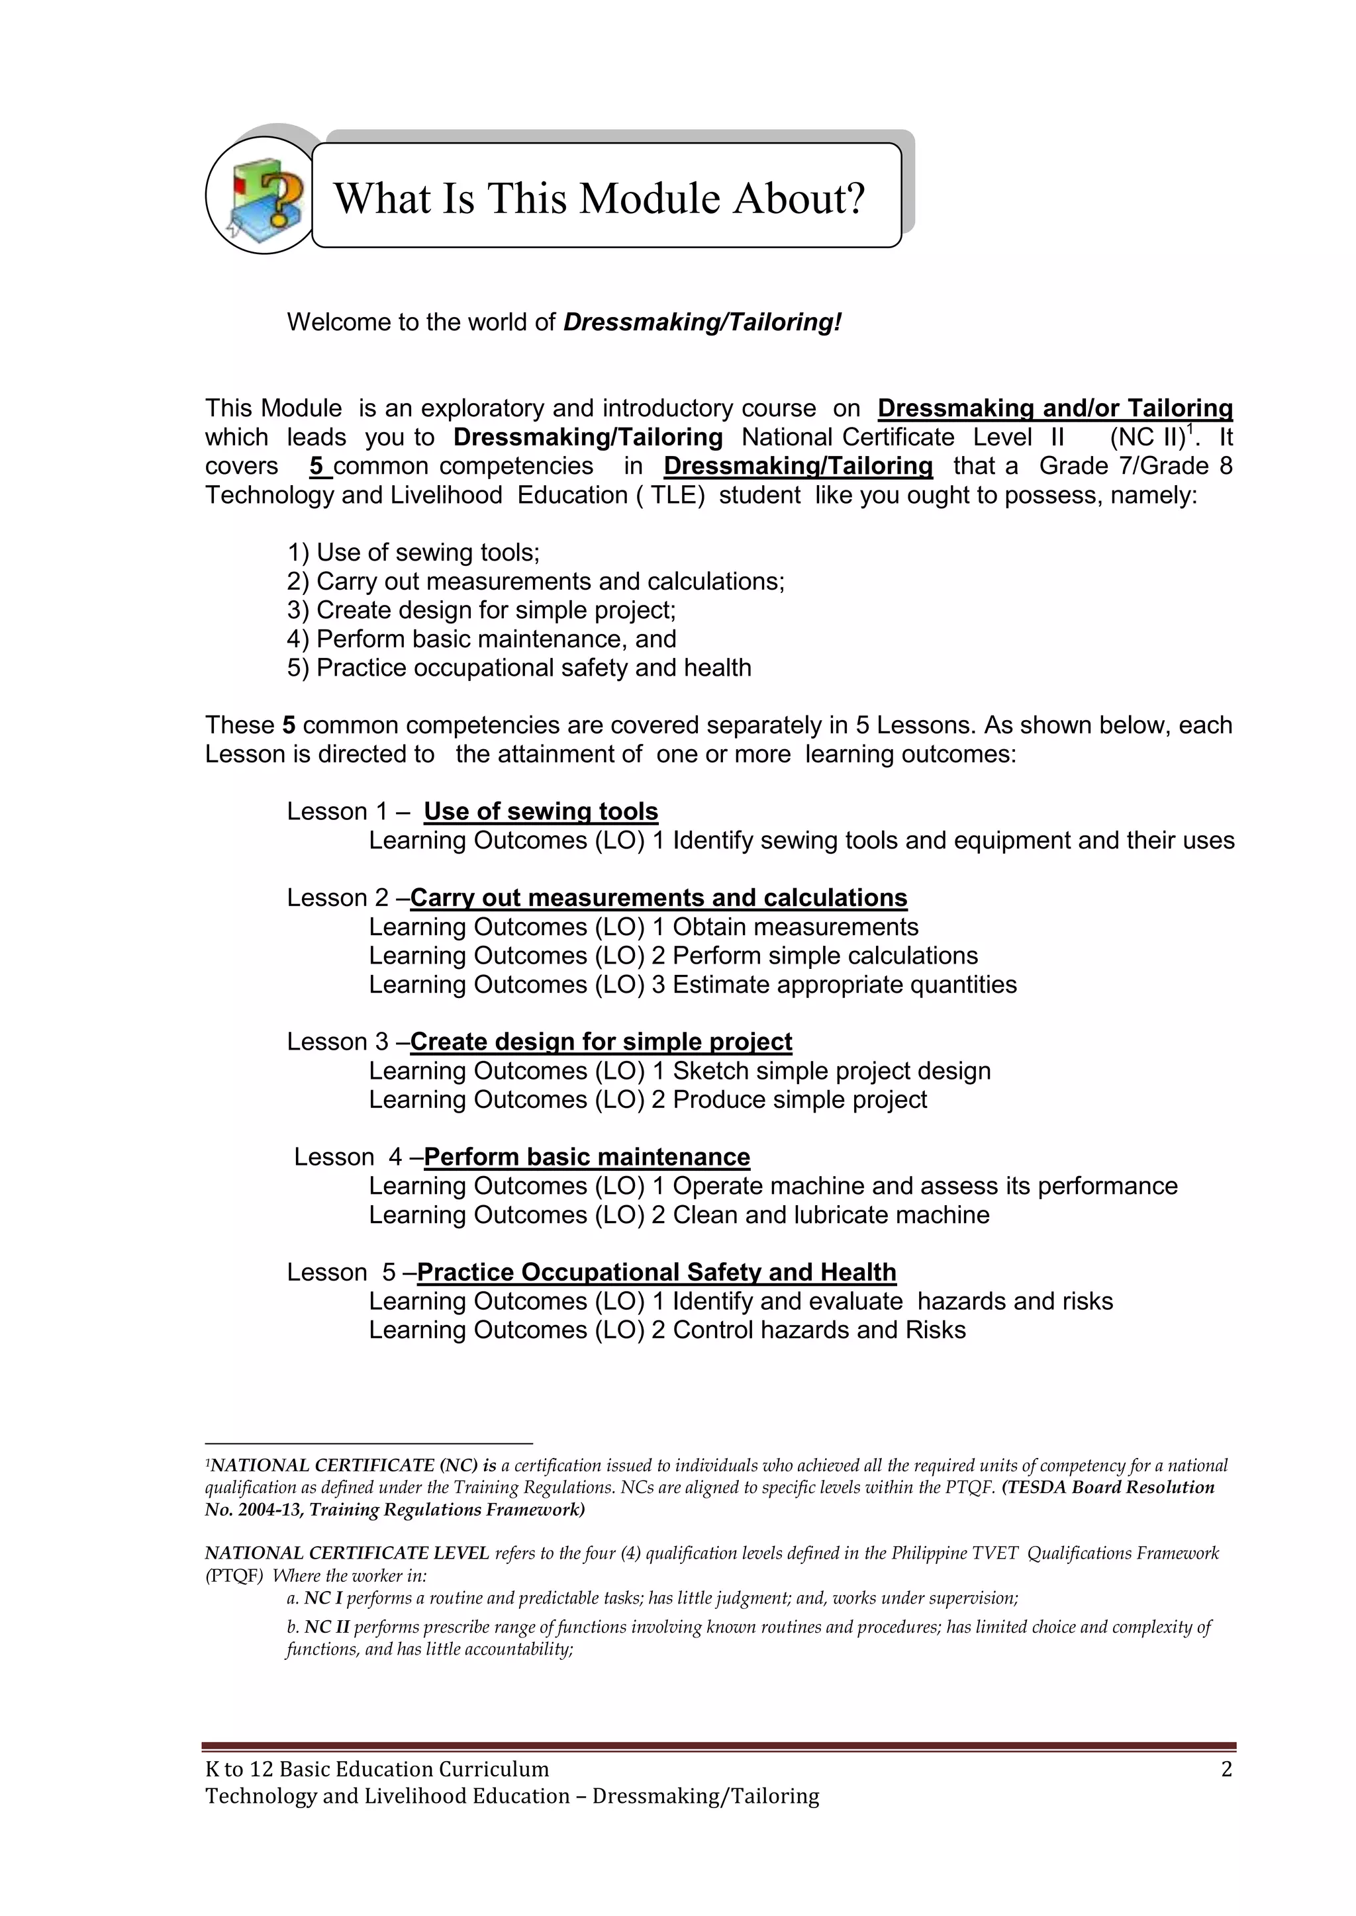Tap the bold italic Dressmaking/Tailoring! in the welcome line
pos(702,322)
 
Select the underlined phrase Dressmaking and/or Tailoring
pos(1055,409)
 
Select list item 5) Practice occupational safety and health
pos(518,668)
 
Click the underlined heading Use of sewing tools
pos(540,811)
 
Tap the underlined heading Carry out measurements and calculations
pos(658,898)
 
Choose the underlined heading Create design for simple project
pos(601,1042)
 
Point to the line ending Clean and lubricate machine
pos(678,1215)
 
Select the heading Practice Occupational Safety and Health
pos(656,1273)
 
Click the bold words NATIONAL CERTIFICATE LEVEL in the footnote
pos(346,1553)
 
